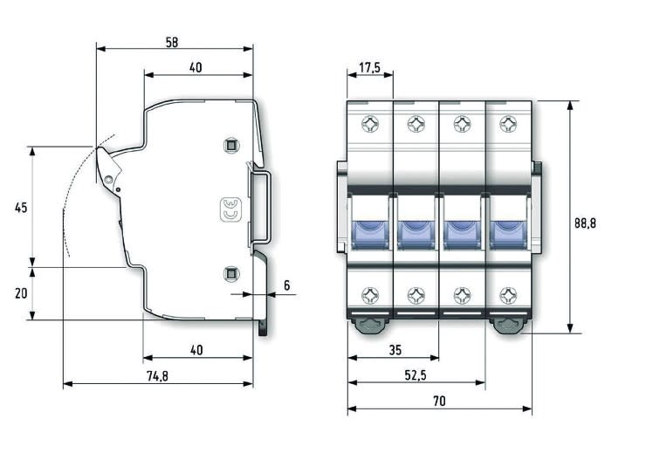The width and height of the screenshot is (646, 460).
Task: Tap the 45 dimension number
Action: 22,207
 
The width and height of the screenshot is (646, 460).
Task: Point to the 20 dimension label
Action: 22,293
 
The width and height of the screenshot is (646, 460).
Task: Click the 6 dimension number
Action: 286,285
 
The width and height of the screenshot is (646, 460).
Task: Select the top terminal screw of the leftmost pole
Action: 370,124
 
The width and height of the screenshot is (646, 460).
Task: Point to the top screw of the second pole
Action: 416,124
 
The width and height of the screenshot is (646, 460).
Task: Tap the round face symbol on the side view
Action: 231,209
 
